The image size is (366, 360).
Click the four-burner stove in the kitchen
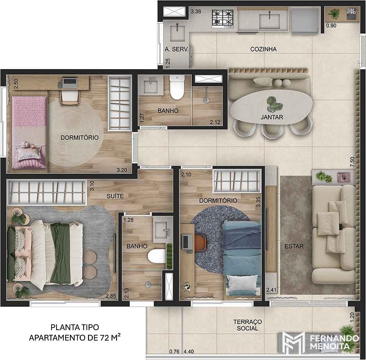(x=223, y=19)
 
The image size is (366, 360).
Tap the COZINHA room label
(x=263, y=49)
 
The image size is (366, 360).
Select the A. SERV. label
(x=177, y=49)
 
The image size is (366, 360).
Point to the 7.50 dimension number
(x=352, y=162)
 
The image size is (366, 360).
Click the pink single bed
(x=29, y=132)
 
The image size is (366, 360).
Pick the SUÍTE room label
(x=115, y=196)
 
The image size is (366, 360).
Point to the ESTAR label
(x=294, y=246)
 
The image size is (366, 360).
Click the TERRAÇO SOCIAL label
(x=247, y=325)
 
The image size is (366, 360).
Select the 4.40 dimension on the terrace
(x=189, y=351)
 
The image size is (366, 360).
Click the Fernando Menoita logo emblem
(x=293, y=343)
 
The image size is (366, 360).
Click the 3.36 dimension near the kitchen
(x=196, y=11)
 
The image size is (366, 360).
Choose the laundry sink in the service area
(x=177, y=33)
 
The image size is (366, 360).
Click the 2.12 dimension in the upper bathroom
(x=215, y=122)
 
